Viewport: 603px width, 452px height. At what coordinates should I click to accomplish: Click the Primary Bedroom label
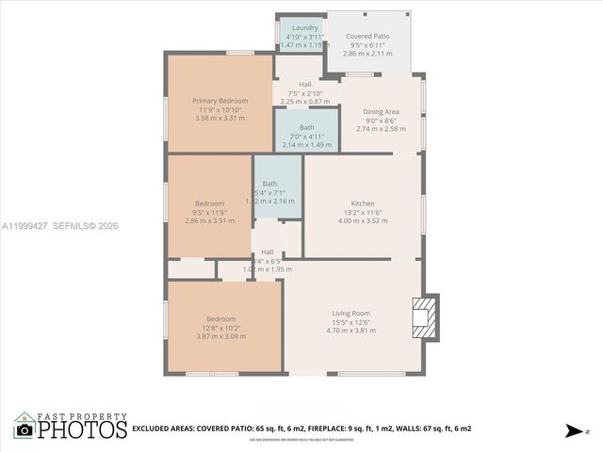click(x=220, y=101)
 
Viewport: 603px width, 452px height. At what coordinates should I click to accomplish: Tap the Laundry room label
click(x=304, y=27)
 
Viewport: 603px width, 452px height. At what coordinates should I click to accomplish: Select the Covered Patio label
click(x=368, y=36)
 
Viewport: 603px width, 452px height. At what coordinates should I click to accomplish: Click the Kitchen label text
click(x=363, y=203)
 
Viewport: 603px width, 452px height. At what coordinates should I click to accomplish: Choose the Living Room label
click(x=350, y=313)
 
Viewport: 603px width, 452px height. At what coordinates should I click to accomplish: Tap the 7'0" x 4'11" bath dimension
click(x=307, y=137)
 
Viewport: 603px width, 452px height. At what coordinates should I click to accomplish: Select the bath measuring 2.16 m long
click(x=276, y=201)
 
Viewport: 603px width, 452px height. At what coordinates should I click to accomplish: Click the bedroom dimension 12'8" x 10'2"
click(x=221, y=328)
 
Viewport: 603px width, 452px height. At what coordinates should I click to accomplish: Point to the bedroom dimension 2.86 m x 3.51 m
click(x=209, y=221)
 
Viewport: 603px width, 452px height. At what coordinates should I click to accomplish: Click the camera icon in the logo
click(x=24, y=430)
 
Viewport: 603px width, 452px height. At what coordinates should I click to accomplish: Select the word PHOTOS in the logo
click(x=83, y=430)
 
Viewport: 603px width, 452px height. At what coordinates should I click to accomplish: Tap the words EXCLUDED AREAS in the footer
click(x=162, y=428)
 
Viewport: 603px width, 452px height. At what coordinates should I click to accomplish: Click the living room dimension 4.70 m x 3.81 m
click(x=350, y=331)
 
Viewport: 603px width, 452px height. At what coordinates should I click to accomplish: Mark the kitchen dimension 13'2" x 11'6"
click(x=363, y=213)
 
